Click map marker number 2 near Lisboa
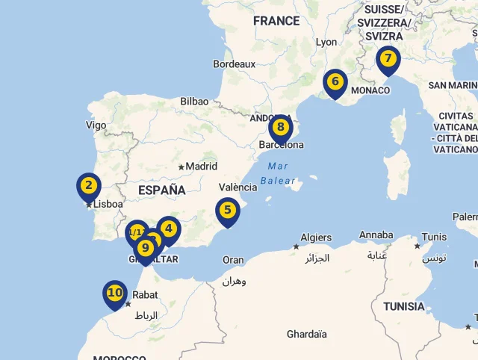coord(88,186)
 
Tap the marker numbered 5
coord(227,211)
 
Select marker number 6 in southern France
coord(335,81)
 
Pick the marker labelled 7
coord(388,58)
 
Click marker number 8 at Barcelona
coord(281,128)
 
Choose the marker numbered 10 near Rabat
coord(114,293)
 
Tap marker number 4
coord(169,229)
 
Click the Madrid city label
coord(201,167)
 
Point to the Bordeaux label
coord(234,64)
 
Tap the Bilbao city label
coord(194,101)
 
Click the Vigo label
coord(96,125)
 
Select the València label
coord(238,187)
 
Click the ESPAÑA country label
coord(161,190)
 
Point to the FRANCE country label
coord(276,21)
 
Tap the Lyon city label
coord(326,43)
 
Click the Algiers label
coord(316,238)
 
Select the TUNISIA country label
coord(403,306)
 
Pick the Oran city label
coord(233,260)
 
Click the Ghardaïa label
coord(306,334)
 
